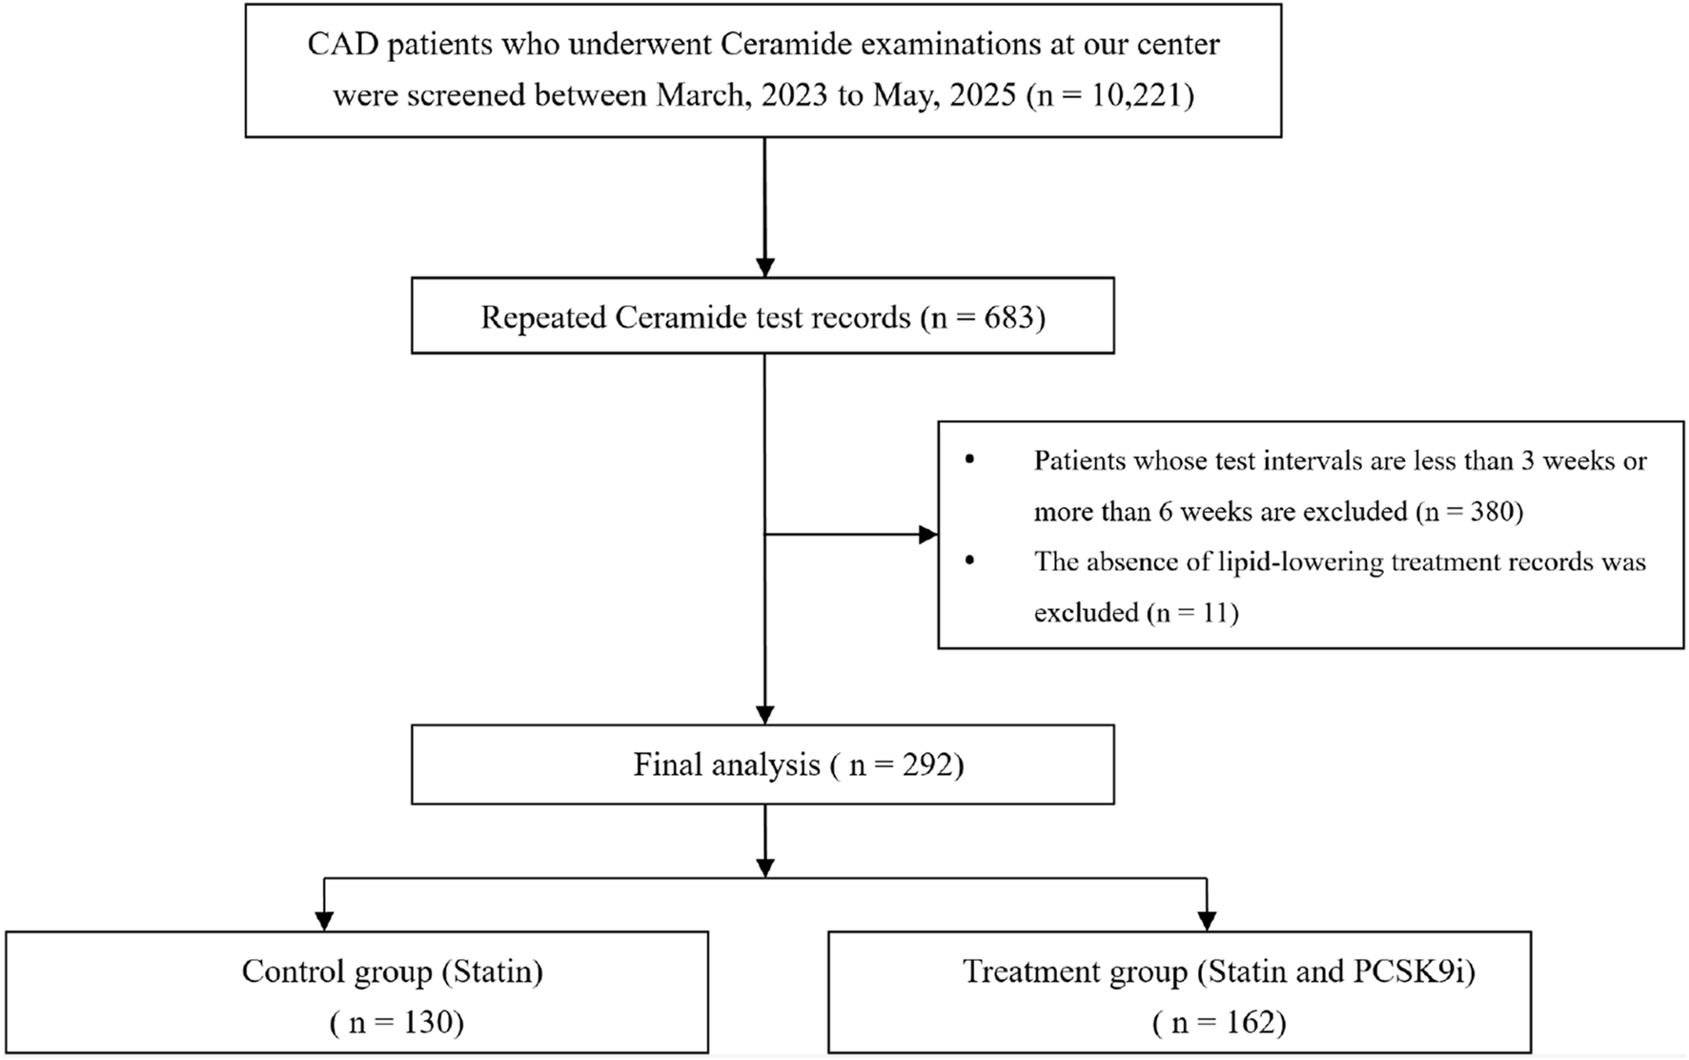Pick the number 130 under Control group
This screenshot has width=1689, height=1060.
[x=428, y=1023]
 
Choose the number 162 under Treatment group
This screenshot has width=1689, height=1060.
[x=1250, y=1023]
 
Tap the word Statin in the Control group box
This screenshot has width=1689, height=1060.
[x=492, y=971]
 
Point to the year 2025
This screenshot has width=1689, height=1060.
[x=982, y=95]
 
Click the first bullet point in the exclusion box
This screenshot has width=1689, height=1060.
[x=970, y=460]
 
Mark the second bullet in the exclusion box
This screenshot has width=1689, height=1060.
[x=970, y=561]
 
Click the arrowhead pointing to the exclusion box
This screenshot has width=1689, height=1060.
[x=927, y=535]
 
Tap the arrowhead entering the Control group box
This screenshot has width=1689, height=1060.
[x=324, y=921]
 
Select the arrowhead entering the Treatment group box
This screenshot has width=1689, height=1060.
[x=1207, y=921]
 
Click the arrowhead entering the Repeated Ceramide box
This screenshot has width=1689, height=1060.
[x=764, y=267]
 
